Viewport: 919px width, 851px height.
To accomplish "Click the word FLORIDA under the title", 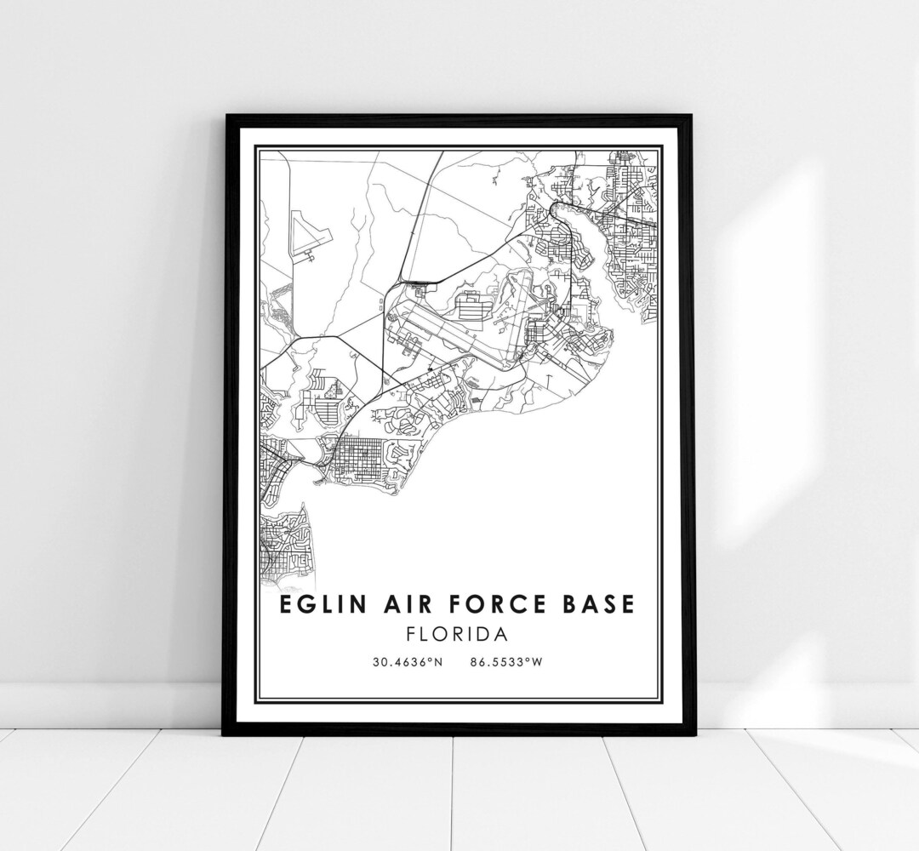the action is (x=458, y=634).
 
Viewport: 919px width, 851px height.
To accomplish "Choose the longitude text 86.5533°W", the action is (x=505, y=661).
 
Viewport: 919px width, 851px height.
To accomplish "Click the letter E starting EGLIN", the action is (x=283, y=604).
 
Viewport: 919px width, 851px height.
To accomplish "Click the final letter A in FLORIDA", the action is (x=502, y=634).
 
